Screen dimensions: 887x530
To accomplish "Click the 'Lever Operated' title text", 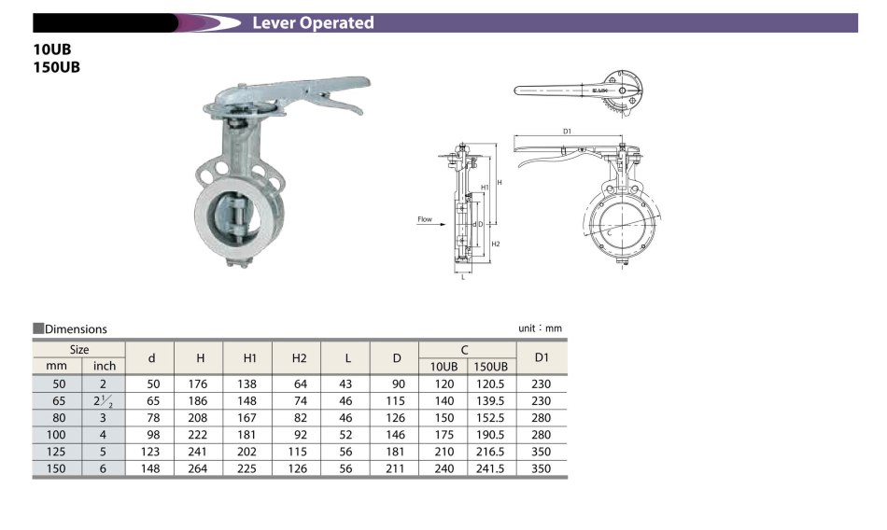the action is (313, 22).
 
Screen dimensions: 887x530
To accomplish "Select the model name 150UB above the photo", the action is (57, 67).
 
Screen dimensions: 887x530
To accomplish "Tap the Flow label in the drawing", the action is (424, 219).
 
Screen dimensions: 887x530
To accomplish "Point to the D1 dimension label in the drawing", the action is (567, 132).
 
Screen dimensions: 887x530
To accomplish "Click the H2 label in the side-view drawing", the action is (496, 244).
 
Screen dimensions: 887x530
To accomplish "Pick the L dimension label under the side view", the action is (463, 276).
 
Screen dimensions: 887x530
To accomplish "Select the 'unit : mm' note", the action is (541, 328).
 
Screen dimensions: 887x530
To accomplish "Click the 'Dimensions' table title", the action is (76, 329).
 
